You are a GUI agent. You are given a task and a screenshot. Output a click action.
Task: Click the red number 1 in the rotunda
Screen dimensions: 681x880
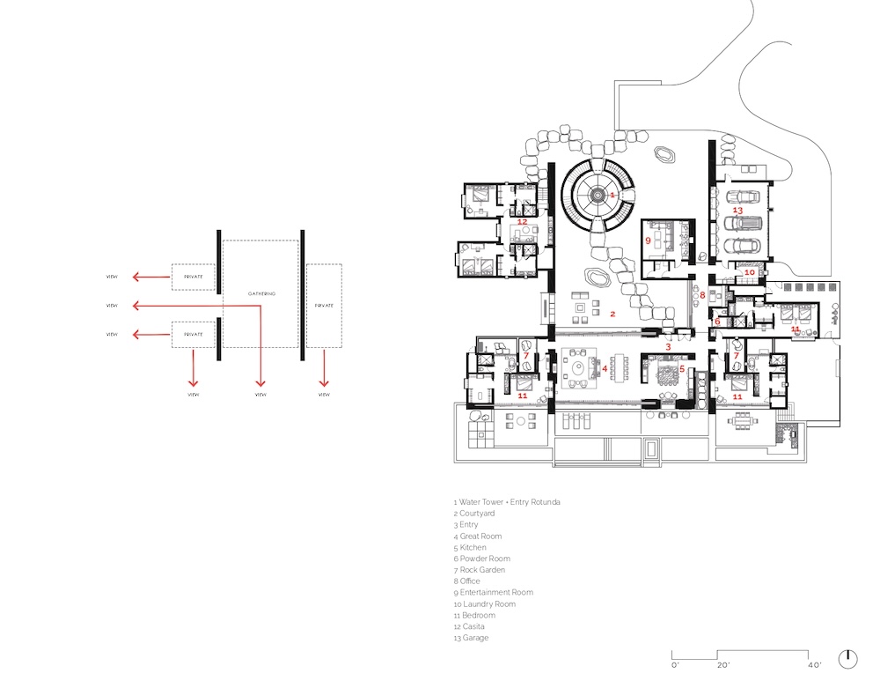(x=612, y=194)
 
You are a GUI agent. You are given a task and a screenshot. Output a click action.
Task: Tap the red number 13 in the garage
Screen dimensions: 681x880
(x=738, y=211)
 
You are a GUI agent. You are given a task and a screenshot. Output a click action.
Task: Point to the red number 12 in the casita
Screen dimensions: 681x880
(x=522, y=222)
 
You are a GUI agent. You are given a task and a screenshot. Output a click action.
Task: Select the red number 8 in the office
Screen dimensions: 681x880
(x=703, y=295)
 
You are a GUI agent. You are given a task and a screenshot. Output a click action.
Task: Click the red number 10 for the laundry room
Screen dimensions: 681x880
(x=749, y=273)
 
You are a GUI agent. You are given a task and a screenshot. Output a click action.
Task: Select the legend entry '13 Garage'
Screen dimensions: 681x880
(x=471, y=638)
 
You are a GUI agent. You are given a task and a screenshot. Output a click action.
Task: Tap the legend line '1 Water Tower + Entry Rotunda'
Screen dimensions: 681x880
(x=507, y=502)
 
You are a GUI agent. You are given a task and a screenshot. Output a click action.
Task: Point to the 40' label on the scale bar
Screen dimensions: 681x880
(x=815, y=665)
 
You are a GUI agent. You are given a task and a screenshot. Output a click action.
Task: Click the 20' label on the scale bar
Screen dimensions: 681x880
(x=722, y=665)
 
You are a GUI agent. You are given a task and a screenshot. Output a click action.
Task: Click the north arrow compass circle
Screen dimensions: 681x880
(x=847, y=658)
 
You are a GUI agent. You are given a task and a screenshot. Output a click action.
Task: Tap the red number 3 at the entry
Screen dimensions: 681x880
(x=668, y=348)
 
